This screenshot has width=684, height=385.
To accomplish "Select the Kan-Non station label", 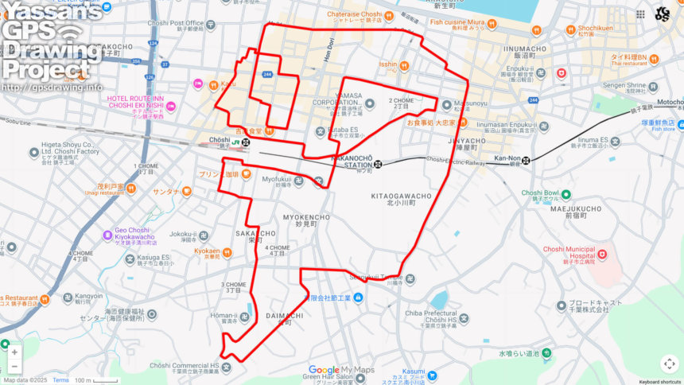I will pos(507,158).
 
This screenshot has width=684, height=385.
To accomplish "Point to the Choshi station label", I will pos(219,140).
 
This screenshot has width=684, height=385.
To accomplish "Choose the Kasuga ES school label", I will pos(153,258).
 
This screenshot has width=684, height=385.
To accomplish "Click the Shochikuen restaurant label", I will pos(598,29).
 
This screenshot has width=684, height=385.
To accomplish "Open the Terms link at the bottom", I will pos(60,380).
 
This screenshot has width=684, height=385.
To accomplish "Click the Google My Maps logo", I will pos(340,370).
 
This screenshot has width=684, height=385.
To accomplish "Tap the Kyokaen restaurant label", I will pos(206,251).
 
